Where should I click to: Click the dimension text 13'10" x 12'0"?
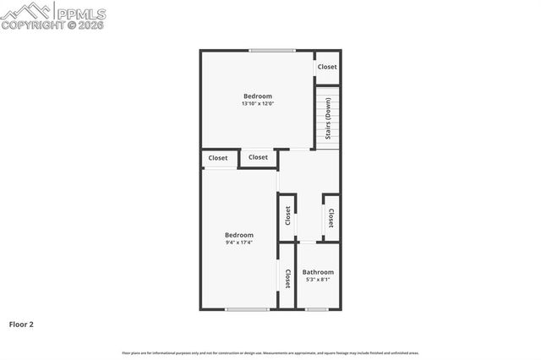click(258, 103)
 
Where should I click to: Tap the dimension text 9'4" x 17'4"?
click(239, 243)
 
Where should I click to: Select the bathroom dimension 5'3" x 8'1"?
click(318, 280)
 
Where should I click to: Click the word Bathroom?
click(318, 272)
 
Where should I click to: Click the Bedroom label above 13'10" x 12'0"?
click(258, 96)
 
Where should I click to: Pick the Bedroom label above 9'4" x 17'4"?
click(239, 235)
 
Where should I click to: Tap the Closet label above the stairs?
click(327, 67)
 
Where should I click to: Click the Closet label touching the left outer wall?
click(218, 158)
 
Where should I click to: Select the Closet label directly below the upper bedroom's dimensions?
click(258, 157)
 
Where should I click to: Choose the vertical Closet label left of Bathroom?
click(287, 278)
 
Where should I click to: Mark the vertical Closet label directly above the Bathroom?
click(331, 218)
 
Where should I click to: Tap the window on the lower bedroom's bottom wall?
click(246, 309)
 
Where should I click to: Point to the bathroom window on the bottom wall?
click(317, 309)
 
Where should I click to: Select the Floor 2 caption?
click(21, 324)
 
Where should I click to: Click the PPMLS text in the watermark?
click(80, 13)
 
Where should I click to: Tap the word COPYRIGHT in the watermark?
click(30, 25)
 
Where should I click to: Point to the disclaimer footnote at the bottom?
click(270, 352)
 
